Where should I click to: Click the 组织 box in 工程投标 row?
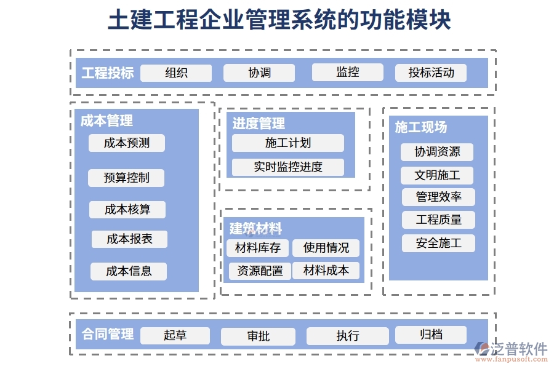[x=176, y=73]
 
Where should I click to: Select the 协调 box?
[x=259, y=73]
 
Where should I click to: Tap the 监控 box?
[x=347, y=73]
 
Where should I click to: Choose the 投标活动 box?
[x=431, y=73]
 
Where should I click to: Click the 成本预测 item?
[x=127, y=143]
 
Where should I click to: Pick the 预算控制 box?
[x=126, y=178]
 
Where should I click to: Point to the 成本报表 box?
[x=129, y=239]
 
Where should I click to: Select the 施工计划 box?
[x=287, y=143]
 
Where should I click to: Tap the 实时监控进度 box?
[x=287, y=167]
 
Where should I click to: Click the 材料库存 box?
[x=257, y=248]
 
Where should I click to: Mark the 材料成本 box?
[x=326, y=271]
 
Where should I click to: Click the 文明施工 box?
[x=438, y=175]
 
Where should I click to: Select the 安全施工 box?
[x=438, y=243]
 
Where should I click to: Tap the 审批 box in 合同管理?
[x=258, y=336]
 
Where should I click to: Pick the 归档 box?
[x=430, y=335]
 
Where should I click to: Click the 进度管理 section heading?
[x=259, y=124]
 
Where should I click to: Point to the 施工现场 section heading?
[x=421, y=127]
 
